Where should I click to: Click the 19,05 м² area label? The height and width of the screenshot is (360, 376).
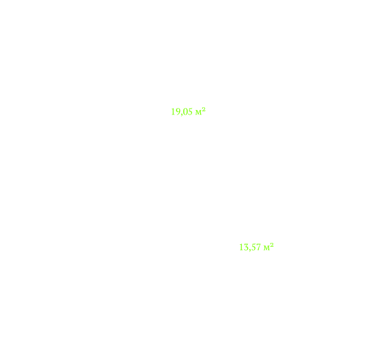point(188,111)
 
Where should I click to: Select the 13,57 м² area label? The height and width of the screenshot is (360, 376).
point(256,247)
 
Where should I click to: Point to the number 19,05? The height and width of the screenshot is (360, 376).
point(182,112)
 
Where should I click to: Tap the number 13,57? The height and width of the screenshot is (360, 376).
point(250,247)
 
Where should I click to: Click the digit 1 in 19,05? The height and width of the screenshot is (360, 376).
point(173,111)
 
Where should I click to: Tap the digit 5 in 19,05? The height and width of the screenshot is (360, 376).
point(190,111)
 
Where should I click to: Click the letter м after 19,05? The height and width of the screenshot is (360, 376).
point(198,113)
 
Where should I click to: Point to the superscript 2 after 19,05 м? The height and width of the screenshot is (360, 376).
point(203,109)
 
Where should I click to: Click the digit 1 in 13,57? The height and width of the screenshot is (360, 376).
point(241,247)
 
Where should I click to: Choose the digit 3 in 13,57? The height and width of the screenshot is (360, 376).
point(246,247)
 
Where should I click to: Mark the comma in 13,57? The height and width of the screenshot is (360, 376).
point(249,250)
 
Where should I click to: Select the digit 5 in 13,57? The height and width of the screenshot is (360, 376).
point(253,247)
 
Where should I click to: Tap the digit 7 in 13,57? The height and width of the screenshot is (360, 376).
point(258,247)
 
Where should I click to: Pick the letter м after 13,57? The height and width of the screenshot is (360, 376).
point(266,248)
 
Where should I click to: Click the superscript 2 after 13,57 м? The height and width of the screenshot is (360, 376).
point(271,245)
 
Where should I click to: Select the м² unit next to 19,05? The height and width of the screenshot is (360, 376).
point(201,111)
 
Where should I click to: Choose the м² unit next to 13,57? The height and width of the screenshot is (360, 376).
point(269,247)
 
